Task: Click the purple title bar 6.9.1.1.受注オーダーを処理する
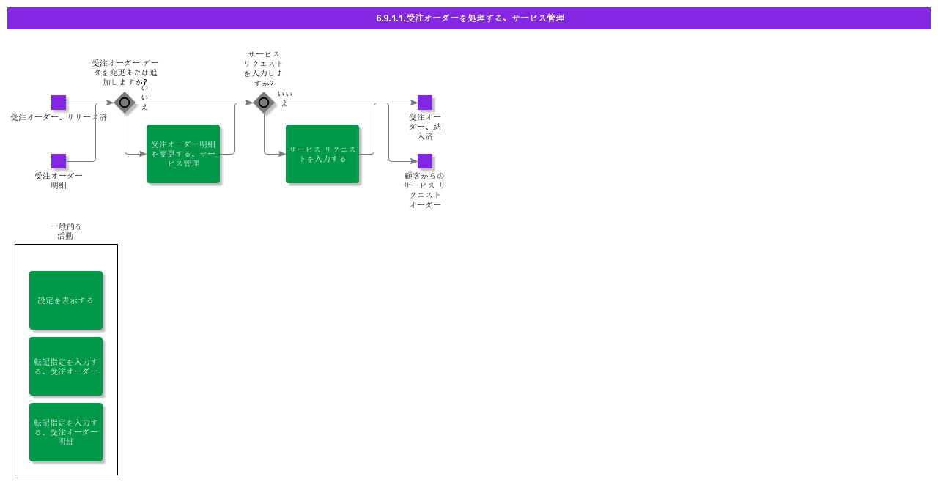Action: [x=469, y=18]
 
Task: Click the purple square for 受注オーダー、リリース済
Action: [x=59, y=103]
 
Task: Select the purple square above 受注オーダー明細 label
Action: [x=59, y=161]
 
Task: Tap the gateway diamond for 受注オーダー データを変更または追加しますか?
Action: [x=125, y=103]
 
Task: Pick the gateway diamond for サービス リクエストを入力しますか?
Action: [x=264, y=103]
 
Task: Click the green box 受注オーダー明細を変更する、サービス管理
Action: [x=183, y=154]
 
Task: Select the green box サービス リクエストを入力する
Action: [x=322, y=154]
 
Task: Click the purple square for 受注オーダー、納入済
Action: [x=425, y=103]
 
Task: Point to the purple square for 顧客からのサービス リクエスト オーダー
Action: [x=425, y=161]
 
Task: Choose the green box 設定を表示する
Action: [x=66, y=300]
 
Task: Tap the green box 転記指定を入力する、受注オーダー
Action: [x=66, y=366]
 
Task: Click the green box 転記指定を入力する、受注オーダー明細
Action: [x=66, y=432]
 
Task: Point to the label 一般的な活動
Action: [x=66, y=231]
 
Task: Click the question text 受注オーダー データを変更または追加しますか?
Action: [x=125, y=73]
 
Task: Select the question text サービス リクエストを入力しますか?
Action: [x=264, y=69]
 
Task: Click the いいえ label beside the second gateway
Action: [x=285, y=98]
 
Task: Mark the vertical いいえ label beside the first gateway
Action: [x=144, y=97]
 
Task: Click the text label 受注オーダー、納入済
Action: [x=425, y=126]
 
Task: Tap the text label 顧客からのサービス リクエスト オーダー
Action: [x=424, y=190]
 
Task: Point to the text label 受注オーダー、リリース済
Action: [x=59, y=117]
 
